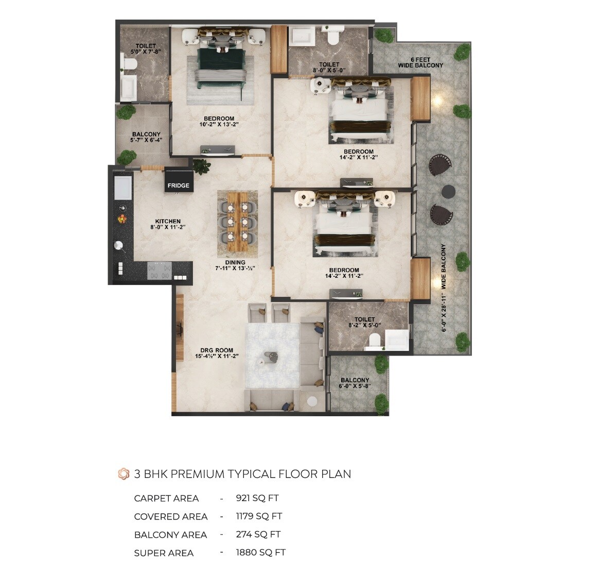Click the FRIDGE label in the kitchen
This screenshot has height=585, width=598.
(178, 185)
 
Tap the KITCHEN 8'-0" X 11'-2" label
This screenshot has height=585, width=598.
(168, 224)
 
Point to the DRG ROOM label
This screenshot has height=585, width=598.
(217, 353)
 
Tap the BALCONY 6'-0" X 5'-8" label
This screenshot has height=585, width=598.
(355, 383)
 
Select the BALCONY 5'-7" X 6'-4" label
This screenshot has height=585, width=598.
(146, 137)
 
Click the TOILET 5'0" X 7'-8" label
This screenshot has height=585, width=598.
(146, 49)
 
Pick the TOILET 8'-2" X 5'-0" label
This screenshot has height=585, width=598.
(364, 322)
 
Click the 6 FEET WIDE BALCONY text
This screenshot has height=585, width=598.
(420, 63)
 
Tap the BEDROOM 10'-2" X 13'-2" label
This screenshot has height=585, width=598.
(219, 121)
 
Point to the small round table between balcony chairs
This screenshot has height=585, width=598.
(448, 191)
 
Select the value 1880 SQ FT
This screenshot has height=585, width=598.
(260, 552)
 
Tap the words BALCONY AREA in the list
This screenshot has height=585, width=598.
(170, 535)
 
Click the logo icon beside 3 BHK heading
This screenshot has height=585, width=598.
(124, 474)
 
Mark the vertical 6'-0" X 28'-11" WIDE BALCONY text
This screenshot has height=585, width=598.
(444, 288)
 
